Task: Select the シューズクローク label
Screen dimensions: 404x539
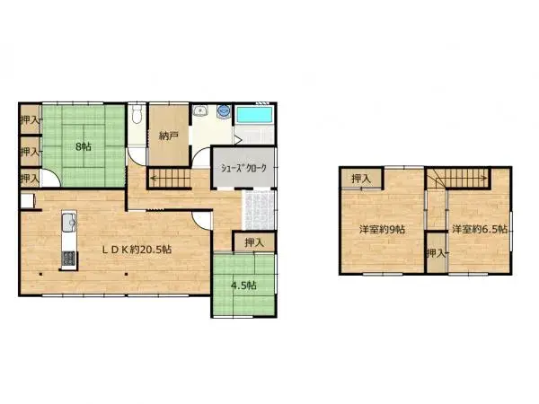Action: (245, 168)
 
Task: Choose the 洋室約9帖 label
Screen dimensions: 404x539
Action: (381, 230)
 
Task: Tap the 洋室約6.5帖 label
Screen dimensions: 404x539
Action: (479, 230)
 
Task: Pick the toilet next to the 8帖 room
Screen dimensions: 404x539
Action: (135, 117)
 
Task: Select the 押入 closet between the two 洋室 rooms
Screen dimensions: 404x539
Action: (436, 252)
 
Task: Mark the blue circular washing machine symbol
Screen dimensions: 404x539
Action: (222, 113)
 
